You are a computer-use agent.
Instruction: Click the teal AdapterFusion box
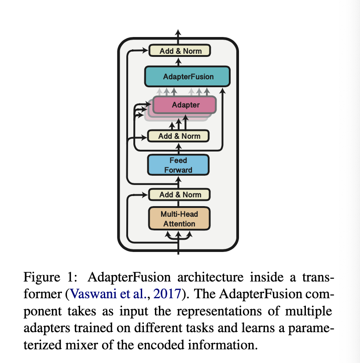(188, 77)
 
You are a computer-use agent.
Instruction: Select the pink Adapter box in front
(185, 105)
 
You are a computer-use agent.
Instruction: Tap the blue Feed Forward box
(178, 165)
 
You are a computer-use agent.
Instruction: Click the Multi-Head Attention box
(179, 219)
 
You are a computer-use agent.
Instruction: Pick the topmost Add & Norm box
(180, 51)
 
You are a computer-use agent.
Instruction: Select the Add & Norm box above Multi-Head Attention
(180, 194)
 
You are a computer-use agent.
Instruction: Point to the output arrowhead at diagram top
(178, 33)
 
